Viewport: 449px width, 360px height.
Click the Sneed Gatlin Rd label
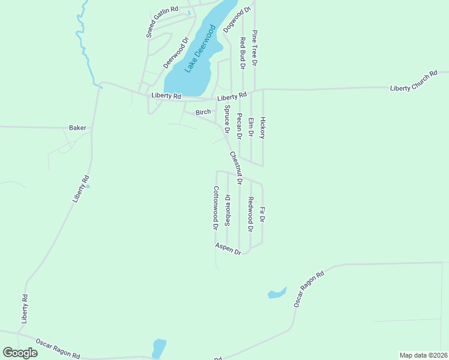click(163, 22)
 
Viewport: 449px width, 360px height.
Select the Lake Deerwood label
click(200, 49)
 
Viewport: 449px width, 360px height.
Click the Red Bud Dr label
click(243, 52)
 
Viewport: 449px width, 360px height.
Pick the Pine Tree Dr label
click(255, 47)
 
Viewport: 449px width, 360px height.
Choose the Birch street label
click(203, 112)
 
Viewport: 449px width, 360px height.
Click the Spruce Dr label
click(227, 119)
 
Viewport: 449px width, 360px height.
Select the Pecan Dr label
click(239, 126)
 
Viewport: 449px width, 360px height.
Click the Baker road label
click(77, 128)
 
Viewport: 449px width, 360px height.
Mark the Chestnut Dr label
click(235, 167)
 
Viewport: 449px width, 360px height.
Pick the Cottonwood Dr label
click(215, 208)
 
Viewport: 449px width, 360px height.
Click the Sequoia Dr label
click(228, 210)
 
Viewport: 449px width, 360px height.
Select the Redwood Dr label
click(251, 214)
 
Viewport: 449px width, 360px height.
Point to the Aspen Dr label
click(228, 250)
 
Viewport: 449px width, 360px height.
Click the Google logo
click(20, 352)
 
